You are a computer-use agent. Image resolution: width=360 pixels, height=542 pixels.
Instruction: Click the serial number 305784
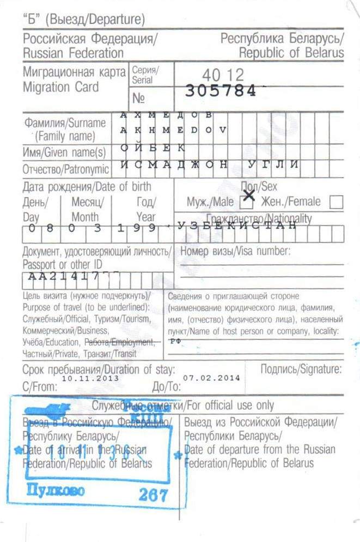point(220,91)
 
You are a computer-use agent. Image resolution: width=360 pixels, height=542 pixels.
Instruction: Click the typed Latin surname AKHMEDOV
point(173,130)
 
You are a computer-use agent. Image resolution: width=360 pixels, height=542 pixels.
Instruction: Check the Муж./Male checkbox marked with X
point(247,203)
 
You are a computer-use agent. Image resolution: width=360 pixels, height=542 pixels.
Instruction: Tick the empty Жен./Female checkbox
point(337,203)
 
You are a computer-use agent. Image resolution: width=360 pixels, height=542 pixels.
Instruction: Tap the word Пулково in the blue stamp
point(56,490)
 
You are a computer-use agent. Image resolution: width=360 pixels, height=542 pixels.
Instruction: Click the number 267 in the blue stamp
point(153,496)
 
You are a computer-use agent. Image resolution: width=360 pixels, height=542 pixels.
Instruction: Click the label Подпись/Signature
point(301,369)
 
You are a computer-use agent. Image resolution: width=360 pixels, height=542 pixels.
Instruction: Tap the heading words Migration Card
point(61,87)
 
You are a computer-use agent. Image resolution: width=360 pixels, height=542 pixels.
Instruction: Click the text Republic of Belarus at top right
point(291,53)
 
